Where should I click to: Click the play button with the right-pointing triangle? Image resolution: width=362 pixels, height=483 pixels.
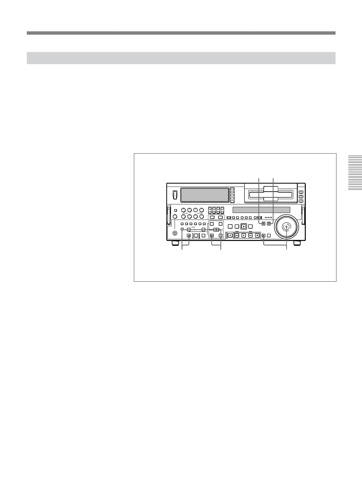[243, 235]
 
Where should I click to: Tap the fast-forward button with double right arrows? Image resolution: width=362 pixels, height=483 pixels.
[250, 235]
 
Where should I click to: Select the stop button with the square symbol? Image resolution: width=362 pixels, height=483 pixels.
[257, 235]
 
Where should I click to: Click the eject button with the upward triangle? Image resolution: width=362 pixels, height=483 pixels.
[230, 235]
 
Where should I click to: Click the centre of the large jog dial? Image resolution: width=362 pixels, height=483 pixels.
[286, 227]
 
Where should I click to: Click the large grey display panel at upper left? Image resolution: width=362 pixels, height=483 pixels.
[204, 195]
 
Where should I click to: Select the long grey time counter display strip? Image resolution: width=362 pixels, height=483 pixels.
[261, 210]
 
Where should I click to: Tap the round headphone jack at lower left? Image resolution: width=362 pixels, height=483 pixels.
[175, 234]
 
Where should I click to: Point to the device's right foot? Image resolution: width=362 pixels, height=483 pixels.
[297, 243]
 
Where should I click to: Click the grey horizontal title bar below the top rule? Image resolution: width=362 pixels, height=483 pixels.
[181, 58]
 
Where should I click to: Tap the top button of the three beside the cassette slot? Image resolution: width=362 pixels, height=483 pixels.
[301, 192]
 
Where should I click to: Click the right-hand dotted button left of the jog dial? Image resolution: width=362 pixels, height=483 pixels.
[269, 224]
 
